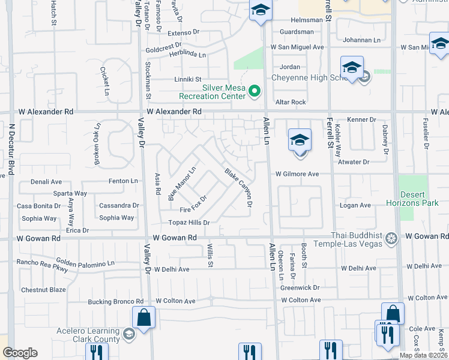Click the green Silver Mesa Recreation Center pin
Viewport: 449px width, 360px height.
[x=255, y=91]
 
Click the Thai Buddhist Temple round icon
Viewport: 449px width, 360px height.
[x=391, y=238]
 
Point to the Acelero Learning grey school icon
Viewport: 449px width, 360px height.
[x=128, y=334]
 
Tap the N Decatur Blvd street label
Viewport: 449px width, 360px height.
[x=11, y=147]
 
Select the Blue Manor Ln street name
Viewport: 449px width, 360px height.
[x=182, y=184]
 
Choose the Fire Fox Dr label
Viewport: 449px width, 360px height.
[x=193, y=205]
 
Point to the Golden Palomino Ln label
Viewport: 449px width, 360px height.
[x=85, y=263]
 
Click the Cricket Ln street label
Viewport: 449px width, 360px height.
[x=106, y=82]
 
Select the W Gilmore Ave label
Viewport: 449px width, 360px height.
[x=297, y=174]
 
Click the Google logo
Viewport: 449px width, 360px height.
[x=20, y=353]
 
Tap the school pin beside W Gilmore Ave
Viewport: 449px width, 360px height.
[x=300, y=141]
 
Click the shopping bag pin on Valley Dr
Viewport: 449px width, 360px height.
[x=144, y=318]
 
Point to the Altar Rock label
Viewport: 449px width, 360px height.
[x=291, y=102]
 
